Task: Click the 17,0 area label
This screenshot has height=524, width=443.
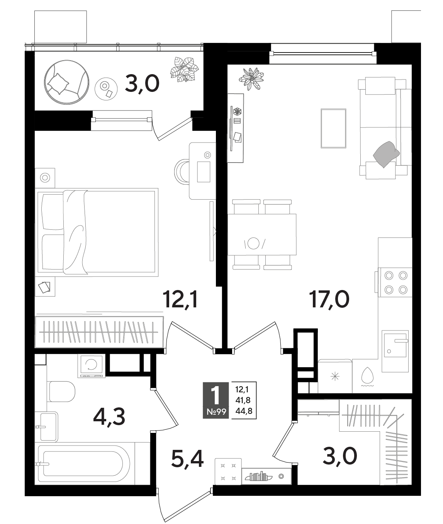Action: click(x=329, y=299)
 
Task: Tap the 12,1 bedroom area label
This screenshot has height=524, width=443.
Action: click(x=180, y=299)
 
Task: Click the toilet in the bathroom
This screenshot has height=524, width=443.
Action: click(x=62, y=392)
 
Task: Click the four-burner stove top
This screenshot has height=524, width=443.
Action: click(x=396, y=282)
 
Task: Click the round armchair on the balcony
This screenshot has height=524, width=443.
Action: click(x=66, y=82)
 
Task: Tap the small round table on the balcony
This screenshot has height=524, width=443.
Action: click(x=106, y=89)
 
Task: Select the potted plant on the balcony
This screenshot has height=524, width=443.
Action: click(x=184, y=70)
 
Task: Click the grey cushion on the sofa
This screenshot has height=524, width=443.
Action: click(x=386, y=154)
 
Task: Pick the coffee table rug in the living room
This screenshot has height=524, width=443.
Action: click(x=333, y=128)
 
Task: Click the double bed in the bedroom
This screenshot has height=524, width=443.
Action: click(x=96, y=232)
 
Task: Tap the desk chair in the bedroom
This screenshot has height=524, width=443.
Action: click(x=182, y=171)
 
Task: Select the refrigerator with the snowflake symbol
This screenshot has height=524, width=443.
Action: click(x=335, y=376)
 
